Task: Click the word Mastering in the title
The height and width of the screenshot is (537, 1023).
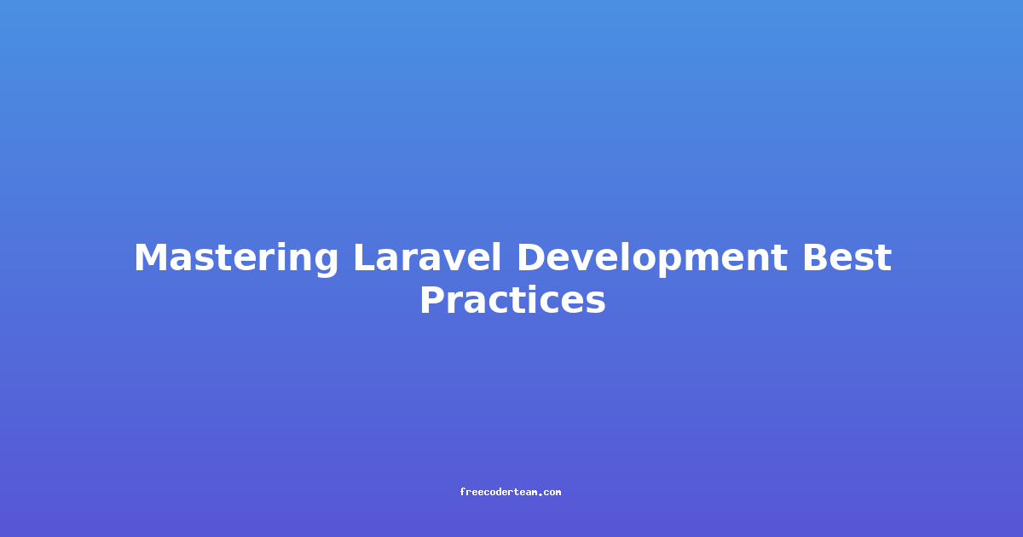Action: pos(235,258)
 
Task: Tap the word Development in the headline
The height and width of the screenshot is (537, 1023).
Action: pos(652,258)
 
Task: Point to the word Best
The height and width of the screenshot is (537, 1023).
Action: pos(847,257)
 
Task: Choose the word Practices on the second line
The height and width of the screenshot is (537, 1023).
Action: pos(512,299)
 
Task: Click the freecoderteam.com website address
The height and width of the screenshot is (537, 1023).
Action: pos(510,492)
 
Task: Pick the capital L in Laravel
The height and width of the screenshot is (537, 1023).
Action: pos(366,257)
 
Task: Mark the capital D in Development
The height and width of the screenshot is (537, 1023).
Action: pos(532,257)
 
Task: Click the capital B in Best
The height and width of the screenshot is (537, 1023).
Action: pos(818,257)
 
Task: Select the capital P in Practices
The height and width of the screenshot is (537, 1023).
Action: pos(433,299)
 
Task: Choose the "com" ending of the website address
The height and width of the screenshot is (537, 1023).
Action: pos(552,493)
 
